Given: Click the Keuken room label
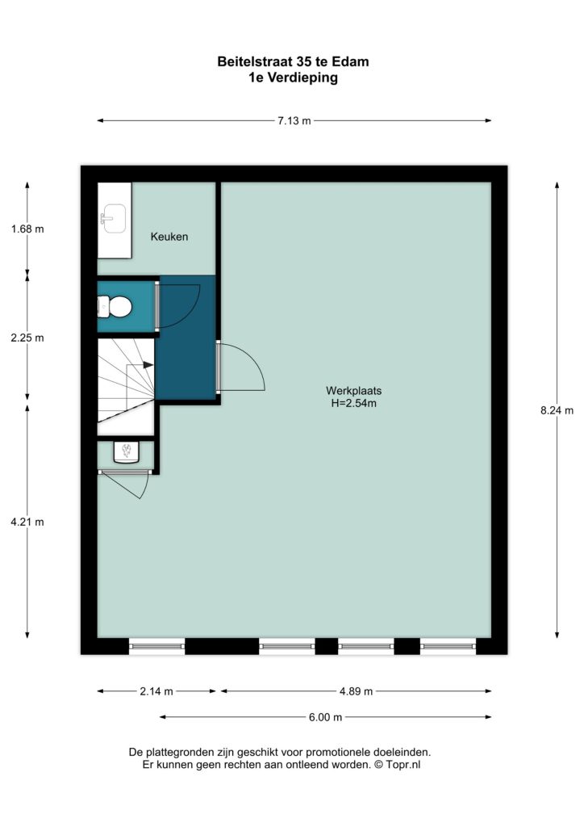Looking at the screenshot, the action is point(169,237).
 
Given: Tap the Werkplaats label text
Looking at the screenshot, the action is point(353,391).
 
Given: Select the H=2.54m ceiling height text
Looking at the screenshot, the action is point(353,404).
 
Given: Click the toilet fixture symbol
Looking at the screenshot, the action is point(115,306).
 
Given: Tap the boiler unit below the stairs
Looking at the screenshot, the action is point(127,452).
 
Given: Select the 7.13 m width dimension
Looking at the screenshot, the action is point(294,121).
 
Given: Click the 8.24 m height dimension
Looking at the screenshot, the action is point(557,410).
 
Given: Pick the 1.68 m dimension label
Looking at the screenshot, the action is point(27,229).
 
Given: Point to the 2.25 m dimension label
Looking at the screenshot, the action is point(27,338).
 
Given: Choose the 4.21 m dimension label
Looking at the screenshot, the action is point(27,523).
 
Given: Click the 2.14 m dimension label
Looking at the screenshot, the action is point(156,691).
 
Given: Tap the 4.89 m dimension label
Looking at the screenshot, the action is point(356,691).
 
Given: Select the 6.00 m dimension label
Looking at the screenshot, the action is point(325,717).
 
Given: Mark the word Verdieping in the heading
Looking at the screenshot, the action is point(302,78).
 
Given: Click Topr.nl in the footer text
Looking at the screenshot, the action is point(404,764).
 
